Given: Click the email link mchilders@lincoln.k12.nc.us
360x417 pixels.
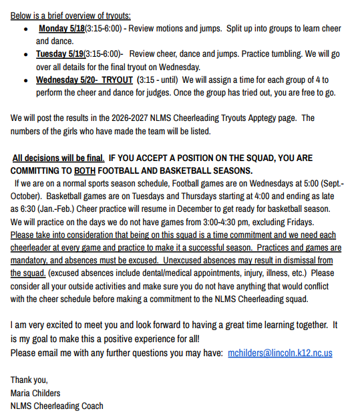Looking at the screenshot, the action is pyautogui.click(x=280, y=352).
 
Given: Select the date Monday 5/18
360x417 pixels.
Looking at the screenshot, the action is pyautogui.click(x=61, y=29).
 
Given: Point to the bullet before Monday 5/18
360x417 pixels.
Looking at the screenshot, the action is pyautogui.click(x=25, y=29).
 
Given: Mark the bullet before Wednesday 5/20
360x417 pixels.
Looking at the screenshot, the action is pyautogui.click(x=25, y=80).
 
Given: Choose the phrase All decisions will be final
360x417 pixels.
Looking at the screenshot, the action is pyautogui.click(x=58, y=158).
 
